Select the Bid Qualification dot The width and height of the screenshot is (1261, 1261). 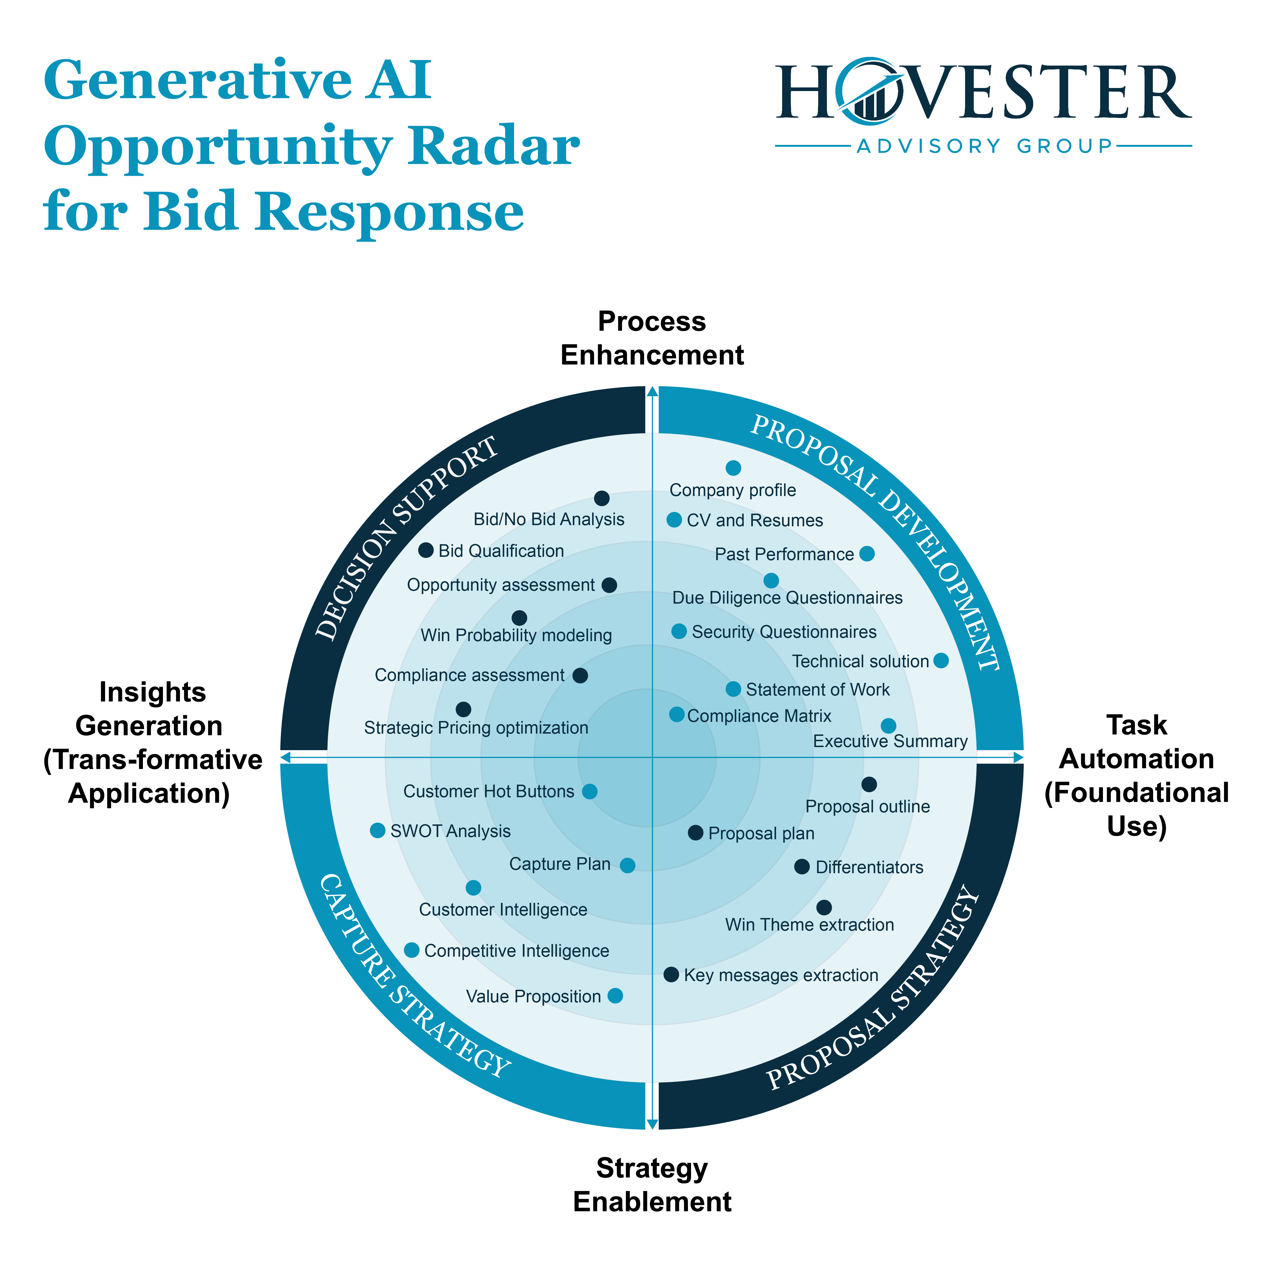tap(426, 550)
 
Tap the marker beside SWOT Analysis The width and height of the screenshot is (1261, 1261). tap(377, 830)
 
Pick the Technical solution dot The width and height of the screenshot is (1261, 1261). tap(940, 660)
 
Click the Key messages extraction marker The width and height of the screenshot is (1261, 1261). tap(671, 974)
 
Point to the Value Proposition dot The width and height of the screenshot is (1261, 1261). tap(615, 995)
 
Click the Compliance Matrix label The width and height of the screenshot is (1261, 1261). tap(759, 716)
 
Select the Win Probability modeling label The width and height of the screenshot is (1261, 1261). tap(516, 635)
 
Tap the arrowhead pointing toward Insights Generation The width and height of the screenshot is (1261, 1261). tap(285, 757)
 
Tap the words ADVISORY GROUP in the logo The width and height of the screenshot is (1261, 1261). tap(984, 145)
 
